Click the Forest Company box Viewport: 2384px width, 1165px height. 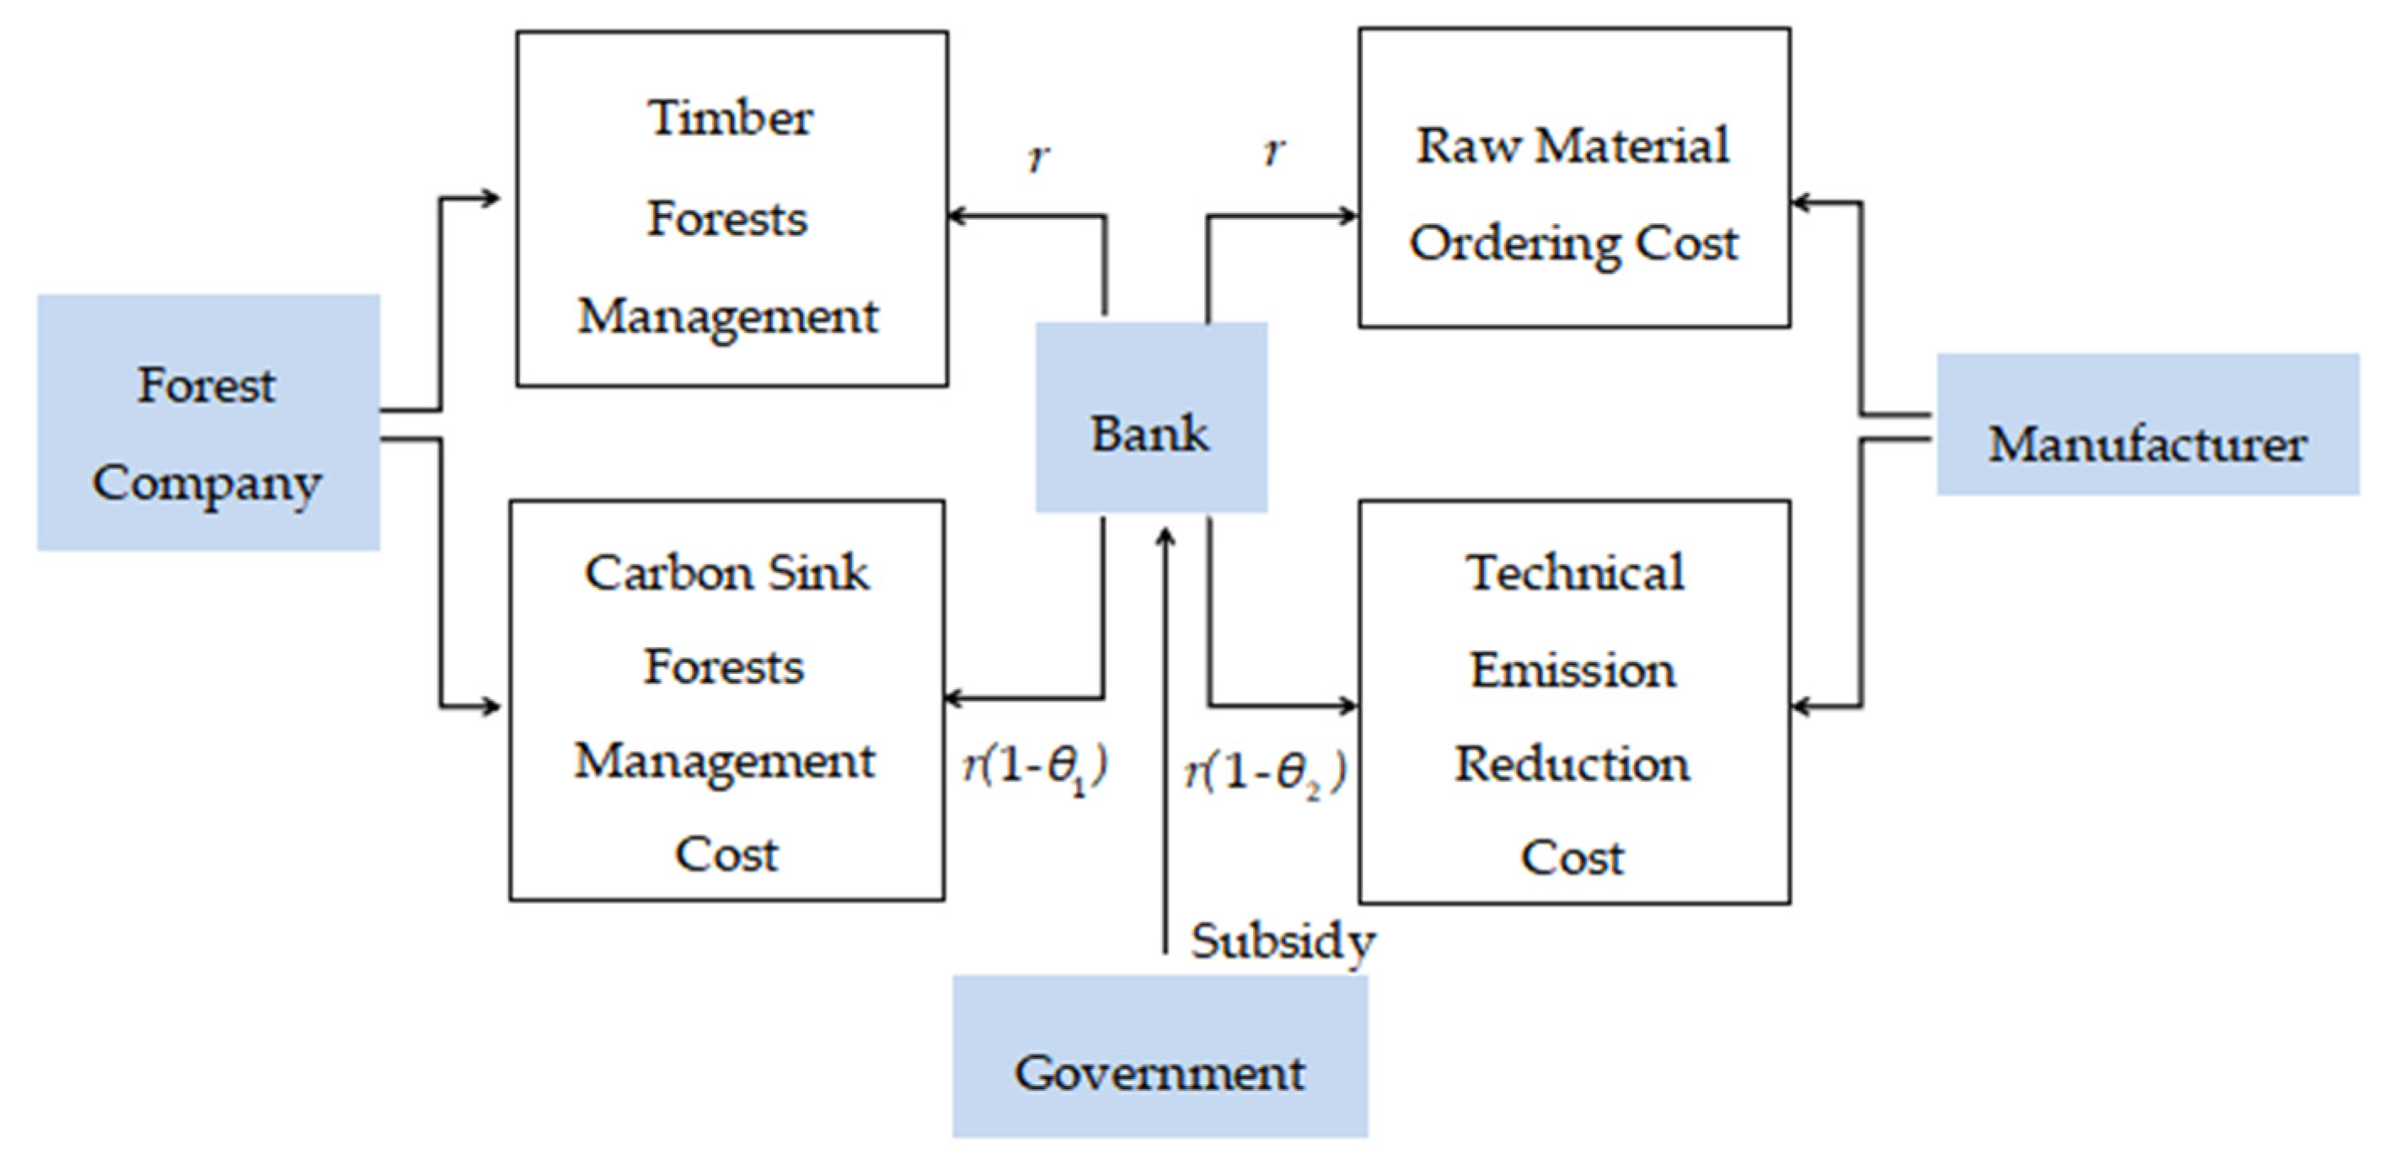pyautogui.click(x=208, y=423)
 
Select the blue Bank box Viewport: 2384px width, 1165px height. pyautogui.click(x=1150, y=417)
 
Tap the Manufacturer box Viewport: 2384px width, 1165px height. pyautogui.click(x=2147, y=425)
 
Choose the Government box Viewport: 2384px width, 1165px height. pyautogui.click(x=1160, y=1055)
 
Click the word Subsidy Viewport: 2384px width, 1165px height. pyautogui.click(x=1283, y=942)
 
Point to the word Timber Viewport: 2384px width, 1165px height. pyautogui.click(x=730, y=119)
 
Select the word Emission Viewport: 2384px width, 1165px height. pyautogui.click(x=1572, y=670)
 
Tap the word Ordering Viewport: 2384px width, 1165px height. pyautogui.click(x=1514, y=244)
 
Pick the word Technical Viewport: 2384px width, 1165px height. pyautogui.click(x=1574, y=573)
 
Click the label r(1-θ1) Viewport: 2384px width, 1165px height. pyautogui.click(x=1035, y=768)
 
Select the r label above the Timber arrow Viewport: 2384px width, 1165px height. pyautogui.click(x=1039, y=158)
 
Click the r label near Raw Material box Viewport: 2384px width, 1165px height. pyautogui.click(x=1274, y=151)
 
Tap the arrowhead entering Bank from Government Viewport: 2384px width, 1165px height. pyautogui.click(x=1166, y=537)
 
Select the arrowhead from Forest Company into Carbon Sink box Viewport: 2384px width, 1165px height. pyautogui.click(x=492, y=708)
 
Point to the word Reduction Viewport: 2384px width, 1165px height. pyautogui.click(x=1572, y=764)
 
